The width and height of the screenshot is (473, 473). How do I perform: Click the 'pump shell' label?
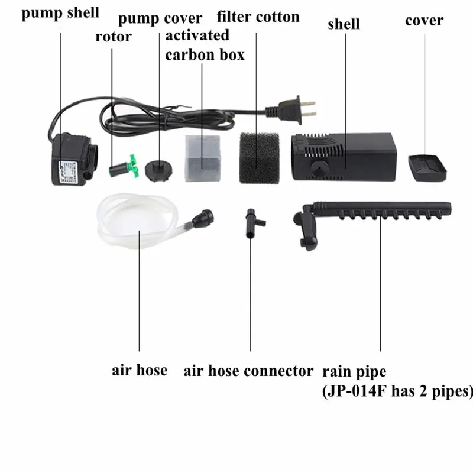point(60,12)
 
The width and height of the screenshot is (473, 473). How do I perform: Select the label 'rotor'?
point(114,36)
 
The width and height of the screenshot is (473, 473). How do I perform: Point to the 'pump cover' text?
point(160,18)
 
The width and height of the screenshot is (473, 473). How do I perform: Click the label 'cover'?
point(424,20)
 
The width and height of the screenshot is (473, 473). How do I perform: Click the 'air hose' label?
point(140,371)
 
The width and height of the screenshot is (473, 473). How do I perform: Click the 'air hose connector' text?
point(248,371)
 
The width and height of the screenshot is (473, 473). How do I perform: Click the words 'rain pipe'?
point(354,372)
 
